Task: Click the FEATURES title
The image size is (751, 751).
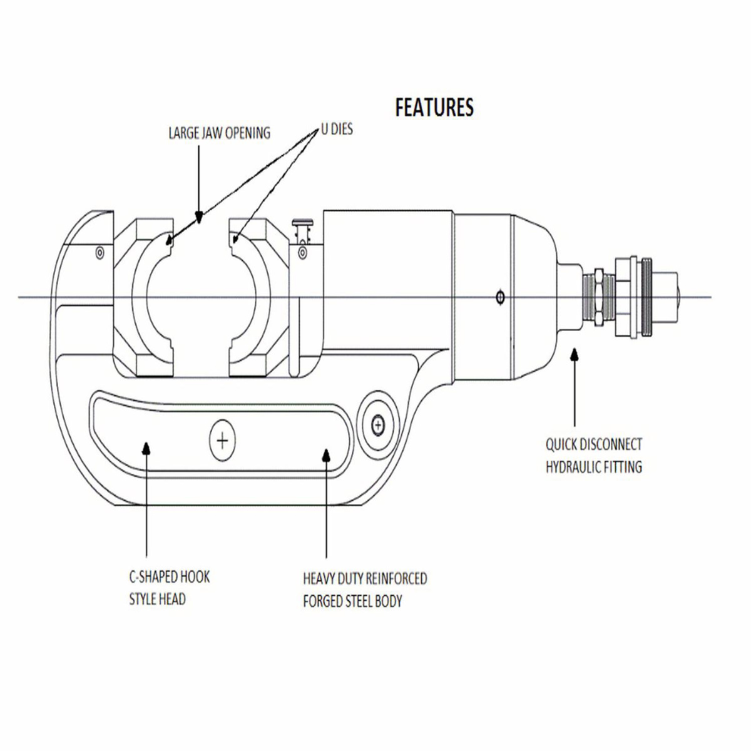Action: click(434, 108)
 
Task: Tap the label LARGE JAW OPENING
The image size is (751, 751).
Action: click(220, 133)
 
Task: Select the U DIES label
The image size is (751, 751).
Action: click(337, 130)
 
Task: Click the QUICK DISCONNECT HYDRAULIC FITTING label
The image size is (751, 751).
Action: click(594, 456)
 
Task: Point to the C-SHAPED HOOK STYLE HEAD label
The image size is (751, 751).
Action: click(169, 588)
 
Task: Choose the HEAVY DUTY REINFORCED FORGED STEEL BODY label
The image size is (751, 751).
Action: click(365, 590)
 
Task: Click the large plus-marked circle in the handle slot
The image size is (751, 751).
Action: click(223, 441)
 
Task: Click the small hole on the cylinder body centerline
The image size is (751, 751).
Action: click(501, 298)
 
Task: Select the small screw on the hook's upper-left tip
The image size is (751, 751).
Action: click(100, 253)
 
